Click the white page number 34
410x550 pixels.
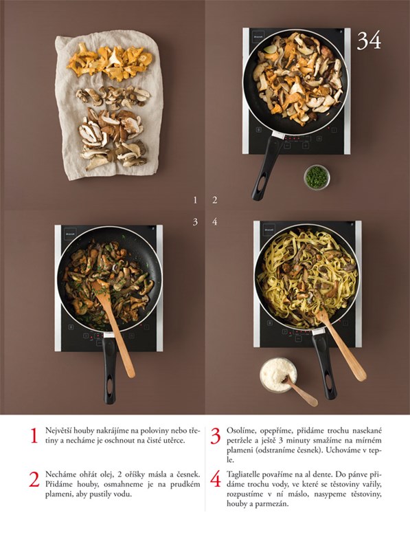(x=369, y=41)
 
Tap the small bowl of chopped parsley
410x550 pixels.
(x=317, y=177)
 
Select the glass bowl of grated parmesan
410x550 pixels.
(x=278, y=375)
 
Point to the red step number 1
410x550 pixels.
(x=34, y=436)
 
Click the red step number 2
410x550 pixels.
(x=34, y=479)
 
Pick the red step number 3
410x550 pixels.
(x=216, y=436)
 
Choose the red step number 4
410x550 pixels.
(x=216, y=479)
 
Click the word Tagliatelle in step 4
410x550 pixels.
(x=244, y=474)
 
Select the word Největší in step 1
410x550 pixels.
(x=58, y=431)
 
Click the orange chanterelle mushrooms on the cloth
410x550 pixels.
(x=109, y=61)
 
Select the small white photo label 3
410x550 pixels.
(x=195, y=221)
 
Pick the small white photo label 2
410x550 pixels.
(x=214, y=200)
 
